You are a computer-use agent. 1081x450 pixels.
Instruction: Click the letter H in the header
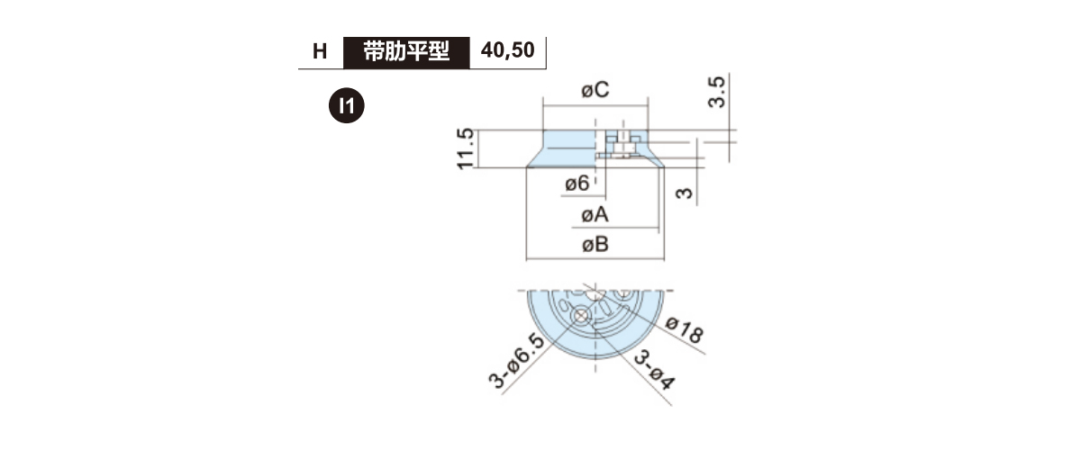[x=320, y=51]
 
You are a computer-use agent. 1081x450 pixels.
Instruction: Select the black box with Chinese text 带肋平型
[x=406, y=52]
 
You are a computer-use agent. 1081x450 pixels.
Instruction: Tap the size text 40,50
[x=508, y=50]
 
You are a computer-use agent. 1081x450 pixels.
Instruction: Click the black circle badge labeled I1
[x=347, y=105]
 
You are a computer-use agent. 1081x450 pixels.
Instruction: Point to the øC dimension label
[x=595, y=90]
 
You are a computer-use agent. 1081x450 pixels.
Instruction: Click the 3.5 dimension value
[x=717, y=92]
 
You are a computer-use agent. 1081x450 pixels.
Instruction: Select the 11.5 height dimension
[x=465, y=148]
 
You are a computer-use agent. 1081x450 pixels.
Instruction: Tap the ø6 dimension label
[x=577, y=184]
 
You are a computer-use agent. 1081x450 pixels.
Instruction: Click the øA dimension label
[x=595, y=214]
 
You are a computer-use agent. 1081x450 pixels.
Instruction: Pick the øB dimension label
[x=595, y=245]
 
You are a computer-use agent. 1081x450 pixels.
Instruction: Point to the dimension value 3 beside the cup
[x=685, y=193]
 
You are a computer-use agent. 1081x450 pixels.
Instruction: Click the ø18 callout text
[x=685, y=330]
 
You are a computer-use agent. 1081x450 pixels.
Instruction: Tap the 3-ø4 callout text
[x=654, y=370]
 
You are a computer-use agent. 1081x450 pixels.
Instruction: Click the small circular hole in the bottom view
[x=582, y=317]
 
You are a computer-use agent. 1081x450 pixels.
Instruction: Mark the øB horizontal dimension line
[x=595, y=259]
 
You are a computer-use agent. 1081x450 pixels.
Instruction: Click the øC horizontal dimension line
[x=595, y=105]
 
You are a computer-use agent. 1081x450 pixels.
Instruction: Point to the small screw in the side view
[x=623, y=146]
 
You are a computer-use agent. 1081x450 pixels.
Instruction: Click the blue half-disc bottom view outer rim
[x=595, y=325]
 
